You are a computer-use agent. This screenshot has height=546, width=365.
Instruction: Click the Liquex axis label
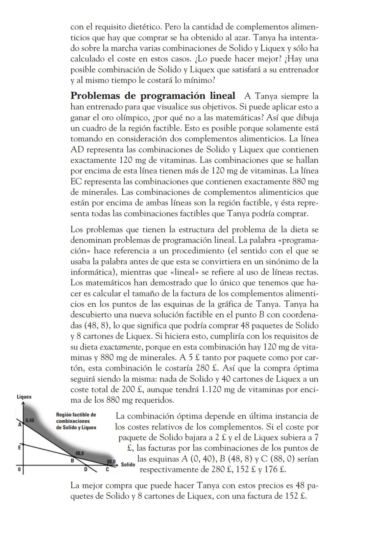click(24, 397)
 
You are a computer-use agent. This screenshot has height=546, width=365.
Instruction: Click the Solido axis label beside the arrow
click(128, 465)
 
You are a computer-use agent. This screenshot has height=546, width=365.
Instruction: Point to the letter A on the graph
click(20, 424)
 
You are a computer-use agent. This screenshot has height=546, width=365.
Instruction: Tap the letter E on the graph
click(19, 447)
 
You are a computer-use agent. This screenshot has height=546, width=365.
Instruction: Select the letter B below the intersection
click(72, 460)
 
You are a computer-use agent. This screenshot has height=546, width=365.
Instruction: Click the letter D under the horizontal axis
click(86, 470)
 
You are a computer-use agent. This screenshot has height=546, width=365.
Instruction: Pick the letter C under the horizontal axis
click(107, 470)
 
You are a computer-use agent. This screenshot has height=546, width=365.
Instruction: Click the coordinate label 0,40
click(30, 420)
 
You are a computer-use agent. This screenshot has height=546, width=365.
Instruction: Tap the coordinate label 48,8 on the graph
click(79, 453)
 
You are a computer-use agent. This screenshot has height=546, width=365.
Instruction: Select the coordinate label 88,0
click(111, 461)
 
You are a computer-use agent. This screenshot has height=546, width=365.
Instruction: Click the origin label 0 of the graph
click(19, 470)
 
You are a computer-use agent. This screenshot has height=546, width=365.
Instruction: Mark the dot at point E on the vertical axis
click(23, 444)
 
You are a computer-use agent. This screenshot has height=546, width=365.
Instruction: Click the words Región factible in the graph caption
click(76, 415)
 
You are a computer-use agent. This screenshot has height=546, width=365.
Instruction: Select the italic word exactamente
click(120, 347)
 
